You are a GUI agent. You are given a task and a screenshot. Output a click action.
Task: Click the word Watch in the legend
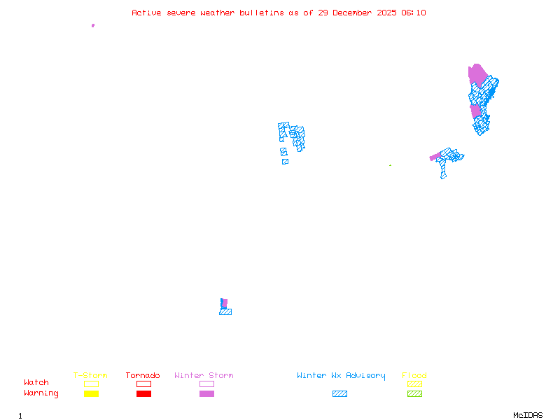point(36,383)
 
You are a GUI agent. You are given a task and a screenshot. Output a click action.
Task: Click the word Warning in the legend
point(41,393)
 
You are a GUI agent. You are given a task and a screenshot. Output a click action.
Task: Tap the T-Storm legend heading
point(90,376)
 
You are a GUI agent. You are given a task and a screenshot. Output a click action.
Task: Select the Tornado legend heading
point(143,376)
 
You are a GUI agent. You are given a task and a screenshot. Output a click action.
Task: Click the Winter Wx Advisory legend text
point(341,376)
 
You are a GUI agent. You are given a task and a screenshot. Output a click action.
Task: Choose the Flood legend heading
point(414,376)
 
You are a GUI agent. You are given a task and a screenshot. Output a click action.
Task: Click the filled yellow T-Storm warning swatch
point(91,394)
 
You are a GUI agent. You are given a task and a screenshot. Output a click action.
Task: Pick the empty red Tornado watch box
point(143,384)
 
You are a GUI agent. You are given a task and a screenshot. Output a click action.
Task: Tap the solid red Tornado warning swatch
point(143,394)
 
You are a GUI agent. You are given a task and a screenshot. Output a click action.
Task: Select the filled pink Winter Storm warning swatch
point(206,394)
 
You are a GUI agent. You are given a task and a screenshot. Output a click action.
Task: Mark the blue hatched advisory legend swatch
point(339,394)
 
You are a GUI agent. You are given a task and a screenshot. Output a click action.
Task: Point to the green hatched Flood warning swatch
point(414,394)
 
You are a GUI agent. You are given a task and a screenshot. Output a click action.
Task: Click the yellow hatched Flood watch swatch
point(414,384)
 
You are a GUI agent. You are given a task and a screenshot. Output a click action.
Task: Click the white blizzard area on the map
point(289,150)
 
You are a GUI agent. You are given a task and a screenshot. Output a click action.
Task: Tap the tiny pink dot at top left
point(93,25)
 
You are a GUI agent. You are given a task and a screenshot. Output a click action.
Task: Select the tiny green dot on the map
point(390,165)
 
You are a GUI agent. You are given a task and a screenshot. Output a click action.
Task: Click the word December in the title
point(356,13)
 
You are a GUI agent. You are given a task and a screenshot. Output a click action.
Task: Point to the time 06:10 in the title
point(414,13)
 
